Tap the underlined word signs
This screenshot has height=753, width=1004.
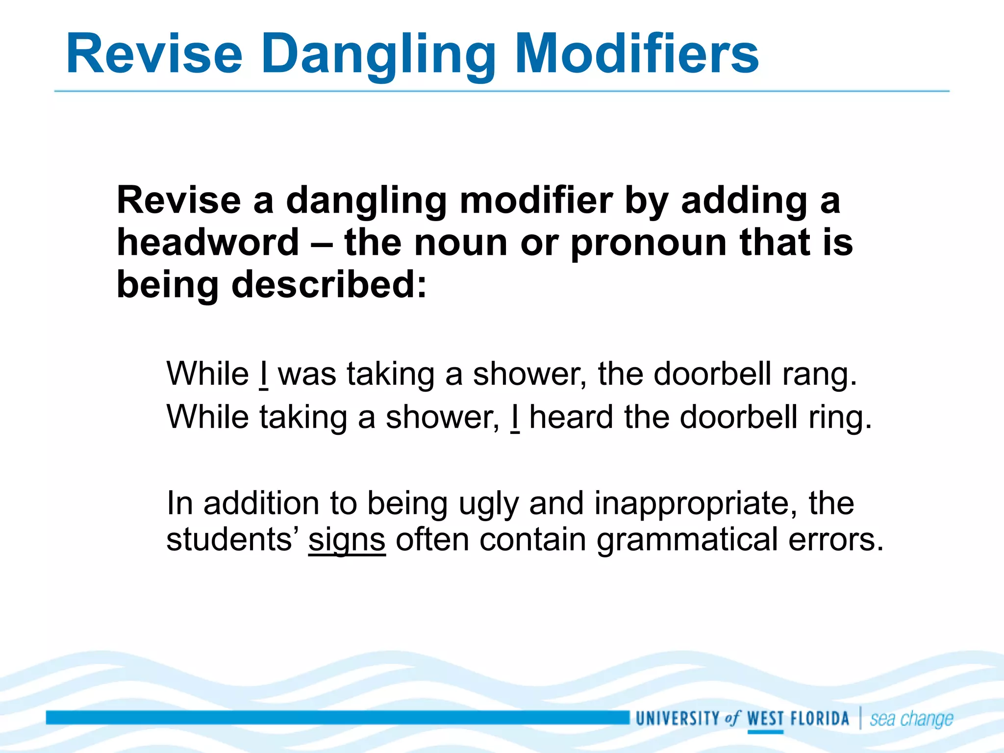click(x=347, y=540)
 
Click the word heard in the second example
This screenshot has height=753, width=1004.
click(x=571, y=417)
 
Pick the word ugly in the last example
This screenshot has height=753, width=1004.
click(x=488, y=504)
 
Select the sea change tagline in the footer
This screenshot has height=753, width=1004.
click(x=911, y=719)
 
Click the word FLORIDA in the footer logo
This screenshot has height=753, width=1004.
click(x=820, y=719)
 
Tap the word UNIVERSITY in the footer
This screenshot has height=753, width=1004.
click(x=677, y=719)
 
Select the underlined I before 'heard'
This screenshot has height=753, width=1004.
click(x=515, y=417)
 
